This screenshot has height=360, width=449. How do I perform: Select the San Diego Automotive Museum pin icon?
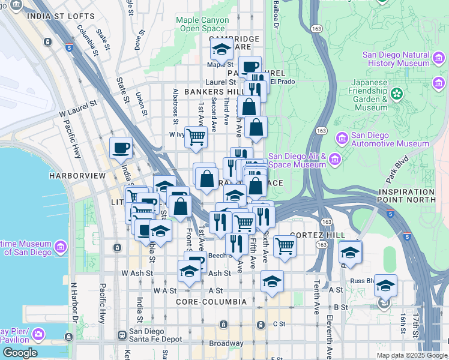(343, 139)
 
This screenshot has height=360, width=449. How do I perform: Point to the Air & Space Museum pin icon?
(334, 159)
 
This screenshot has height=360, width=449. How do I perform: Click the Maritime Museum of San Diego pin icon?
(60, 247)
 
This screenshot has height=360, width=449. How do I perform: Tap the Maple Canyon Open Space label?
(202, 24)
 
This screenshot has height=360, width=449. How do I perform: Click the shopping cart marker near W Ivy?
(196, 136)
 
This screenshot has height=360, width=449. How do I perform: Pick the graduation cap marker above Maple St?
(221, 48)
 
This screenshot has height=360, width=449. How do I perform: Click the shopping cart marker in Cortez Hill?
(285, 245)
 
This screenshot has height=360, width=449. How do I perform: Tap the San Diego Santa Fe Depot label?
(157, 335)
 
